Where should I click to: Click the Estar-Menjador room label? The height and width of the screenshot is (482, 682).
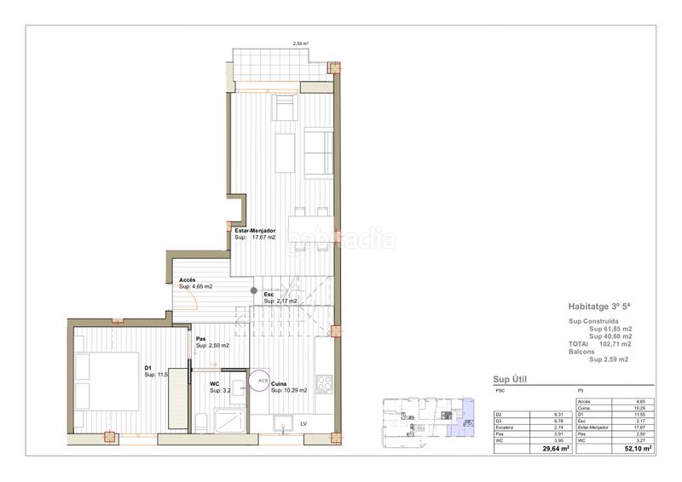pos(255,231)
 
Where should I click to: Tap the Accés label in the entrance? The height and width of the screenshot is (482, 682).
pos(188,280)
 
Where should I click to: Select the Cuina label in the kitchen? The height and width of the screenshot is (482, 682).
pos(280,384)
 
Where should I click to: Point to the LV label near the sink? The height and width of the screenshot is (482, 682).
pos(303,422)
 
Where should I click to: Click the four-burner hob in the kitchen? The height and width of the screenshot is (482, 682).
pos(325,384)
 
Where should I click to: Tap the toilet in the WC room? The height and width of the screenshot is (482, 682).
pos(199,420)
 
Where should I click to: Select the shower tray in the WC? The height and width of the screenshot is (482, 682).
pos(229,420)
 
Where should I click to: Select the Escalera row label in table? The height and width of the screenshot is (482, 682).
pos(506,427)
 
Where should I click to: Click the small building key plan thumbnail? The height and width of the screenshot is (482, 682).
pos(423,419)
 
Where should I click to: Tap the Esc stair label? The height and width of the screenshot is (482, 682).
pos(269,295)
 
